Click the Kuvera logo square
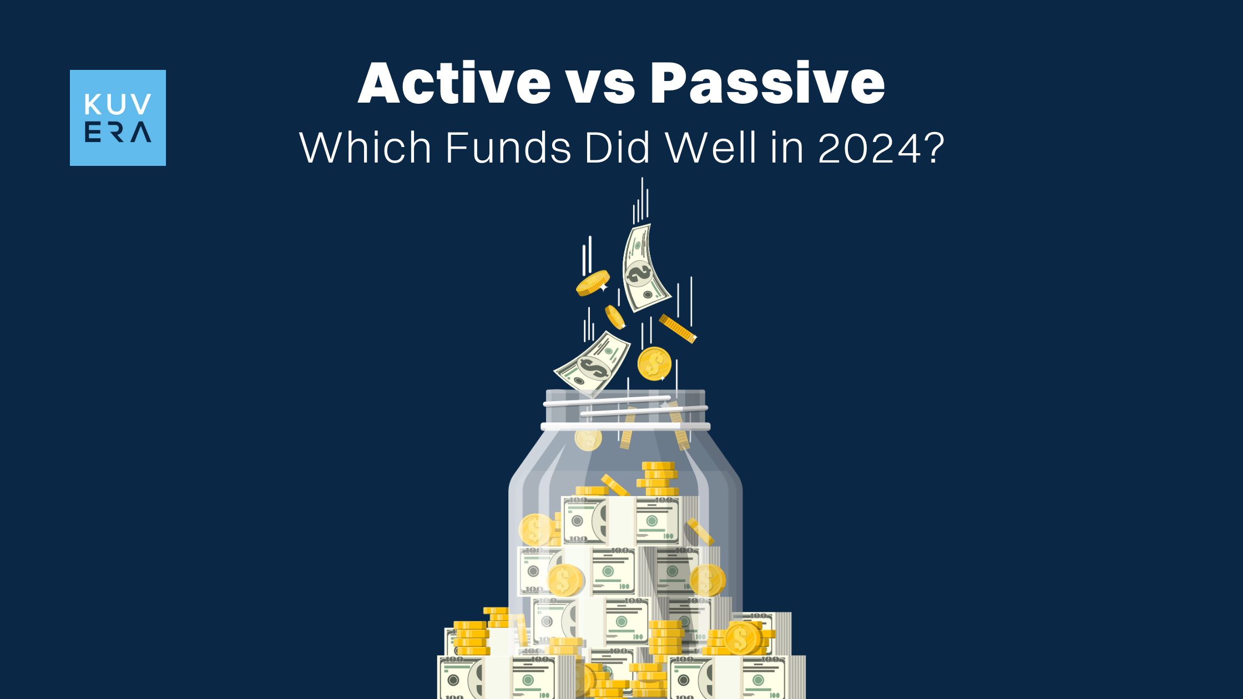point(118,118)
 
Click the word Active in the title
point(454,83)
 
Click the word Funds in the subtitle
point(508,148)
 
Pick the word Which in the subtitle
point(365,148)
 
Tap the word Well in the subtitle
point(711,148)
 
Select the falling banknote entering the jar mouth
point(593,363)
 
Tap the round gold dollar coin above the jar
point(654,364)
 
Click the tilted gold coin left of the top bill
point(593,283)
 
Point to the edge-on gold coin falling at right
point(678,328)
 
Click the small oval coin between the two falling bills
point(614,317)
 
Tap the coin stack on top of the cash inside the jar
point(658,479)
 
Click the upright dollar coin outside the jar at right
point(741,639)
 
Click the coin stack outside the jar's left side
point(472,638)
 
